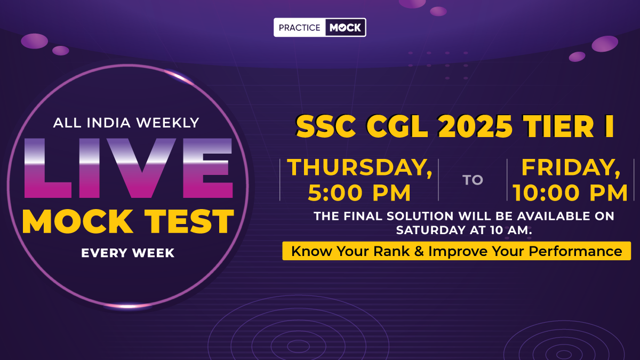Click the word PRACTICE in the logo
tap(299, 28)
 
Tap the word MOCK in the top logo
tap(346, 28)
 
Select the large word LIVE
tap(129, 169)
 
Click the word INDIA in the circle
tap(109, 123)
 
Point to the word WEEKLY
tap(167, 123)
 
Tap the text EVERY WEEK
tap(127, 253)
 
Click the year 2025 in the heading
tap(475, 126)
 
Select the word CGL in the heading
tap(397, 126)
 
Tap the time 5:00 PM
tap(359, 193)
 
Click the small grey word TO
tap(473, 180)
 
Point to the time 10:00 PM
tap(570, 193)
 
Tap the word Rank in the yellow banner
tap(391, 251)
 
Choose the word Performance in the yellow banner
tap(575, 251)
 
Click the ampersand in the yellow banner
tap(419, 251)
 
